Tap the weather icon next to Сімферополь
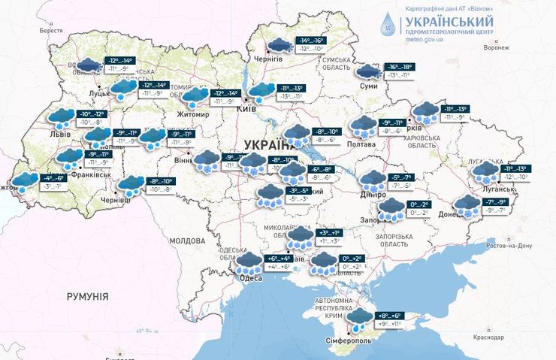click(x=361, y=319)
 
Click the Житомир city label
click(x=192, y=114)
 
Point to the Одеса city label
click(x=251, y=278)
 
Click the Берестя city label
click(x=52, y=30)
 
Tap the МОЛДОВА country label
click(x=187, y=241)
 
